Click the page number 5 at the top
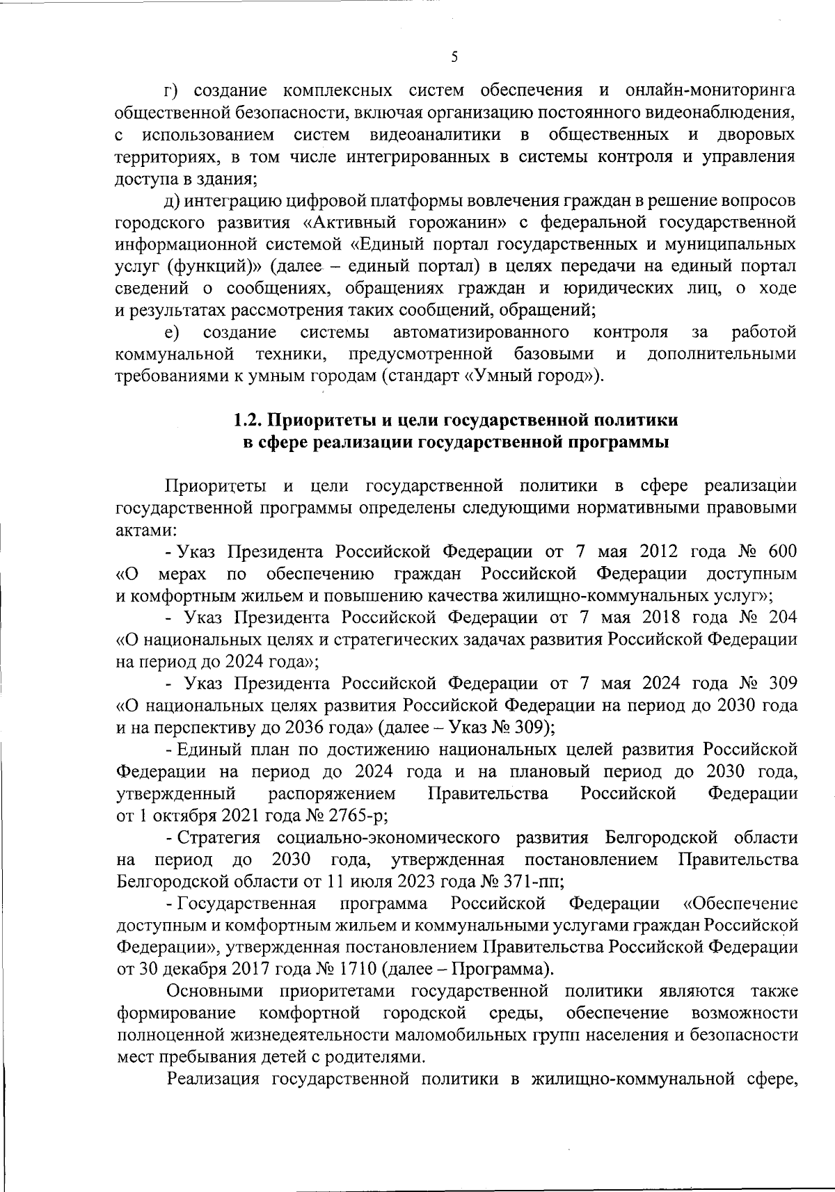(454, 58)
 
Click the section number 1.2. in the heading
(248, 420)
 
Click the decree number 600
(782, 552)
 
